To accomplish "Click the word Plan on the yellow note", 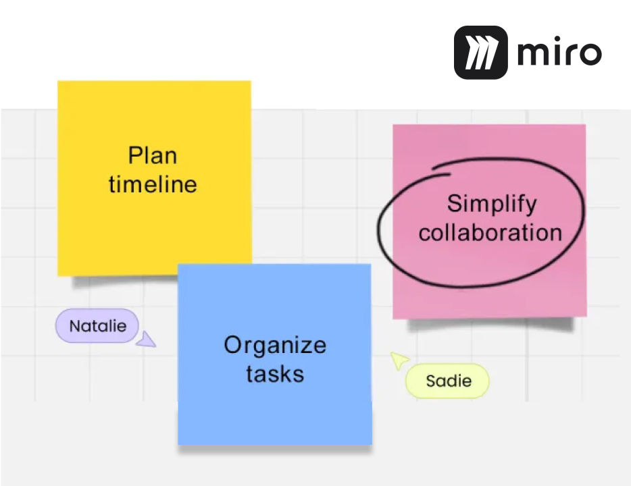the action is (153, 155).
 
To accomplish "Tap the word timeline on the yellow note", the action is (153, 184).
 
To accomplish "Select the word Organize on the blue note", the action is (275, 346).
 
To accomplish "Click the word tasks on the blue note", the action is (275, 374).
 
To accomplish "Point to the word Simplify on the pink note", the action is (492, 205).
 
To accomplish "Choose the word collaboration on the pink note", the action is (490, 232).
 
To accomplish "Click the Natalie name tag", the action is (97, 325).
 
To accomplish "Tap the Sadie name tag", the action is (447, 381).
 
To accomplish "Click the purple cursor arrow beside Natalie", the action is (147, 340).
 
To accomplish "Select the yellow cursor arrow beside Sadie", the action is (399, 360).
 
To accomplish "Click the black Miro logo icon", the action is (481, 52).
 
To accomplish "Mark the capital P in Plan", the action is (135, 155).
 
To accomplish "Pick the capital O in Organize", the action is (232, 345).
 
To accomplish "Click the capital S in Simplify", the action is (455, 203).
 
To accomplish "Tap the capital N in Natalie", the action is (75, 326).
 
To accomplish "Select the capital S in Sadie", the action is (431, 381).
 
